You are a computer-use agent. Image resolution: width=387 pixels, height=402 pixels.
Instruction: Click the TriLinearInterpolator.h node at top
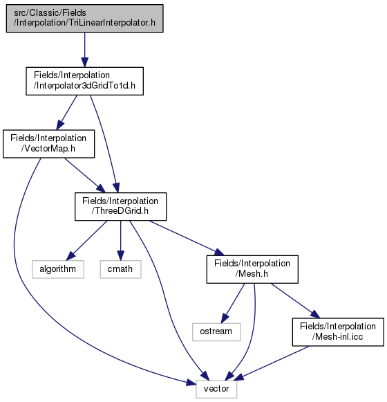click(x=85, y=18)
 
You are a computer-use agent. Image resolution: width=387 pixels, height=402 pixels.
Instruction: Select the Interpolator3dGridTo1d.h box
click(x=85, y=81)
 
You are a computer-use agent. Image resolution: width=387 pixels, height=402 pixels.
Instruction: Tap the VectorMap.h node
click(x=48, y=144)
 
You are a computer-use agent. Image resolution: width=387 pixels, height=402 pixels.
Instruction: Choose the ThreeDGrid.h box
click(x=121, y=206)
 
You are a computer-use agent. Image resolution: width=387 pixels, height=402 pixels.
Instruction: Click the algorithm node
click(x=58, y=269)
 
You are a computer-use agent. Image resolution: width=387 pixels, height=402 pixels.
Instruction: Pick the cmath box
click(x=121, y=269)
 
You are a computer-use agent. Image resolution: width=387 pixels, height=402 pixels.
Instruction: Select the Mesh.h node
click(x=252, y=269)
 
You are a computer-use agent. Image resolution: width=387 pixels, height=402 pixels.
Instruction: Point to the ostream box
click(x=216, y=331)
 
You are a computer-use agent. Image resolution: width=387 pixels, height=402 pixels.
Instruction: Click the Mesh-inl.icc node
click(x=338, y=332)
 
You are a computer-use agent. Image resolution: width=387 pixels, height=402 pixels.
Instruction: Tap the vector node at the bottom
click(x=216, y=389)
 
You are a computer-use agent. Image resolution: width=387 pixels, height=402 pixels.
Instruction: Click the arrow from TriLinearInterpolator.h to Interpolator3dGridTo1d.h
click(x=85, y=50)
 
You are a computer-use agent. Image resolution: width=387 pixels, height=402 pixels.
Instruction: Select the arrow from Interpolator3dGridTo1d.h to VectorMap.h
click(x=66, y=113)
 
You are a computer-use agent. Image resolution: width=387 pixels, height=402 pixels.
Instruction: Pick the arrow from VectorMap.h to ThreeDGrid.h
click(x=85, y=175)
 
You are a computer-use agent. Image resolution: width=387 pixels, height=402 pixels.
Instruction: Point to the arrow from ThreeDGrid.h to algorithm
click(x=86, y=240)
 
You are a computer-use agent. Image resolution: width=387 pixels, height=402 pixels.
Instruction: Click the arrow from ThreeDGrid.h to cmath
click(x=121, y=241)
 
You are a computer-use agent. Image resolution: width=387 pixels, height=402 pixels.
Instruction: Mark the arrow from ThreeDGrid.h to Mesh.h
click(x=187, y=238)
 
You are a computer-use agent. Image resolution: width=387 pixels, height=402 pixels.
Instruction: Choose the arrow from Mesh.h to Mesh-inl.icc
click(x=296, y=301)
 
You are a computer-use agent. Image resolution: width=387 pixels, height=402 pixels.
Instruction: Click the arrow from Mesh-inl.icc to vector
click(x=272, y=363)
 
